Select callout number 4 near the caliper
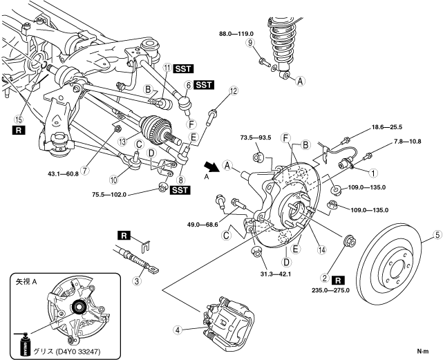coord(178,330)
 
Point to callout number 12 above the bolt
coord(233,91)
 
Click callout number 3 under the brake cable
coord(137,280)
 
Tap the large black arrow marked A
coord(210,167)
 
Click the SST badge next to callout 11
coord(184,68)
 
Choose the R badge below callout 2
coord(339,281)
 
